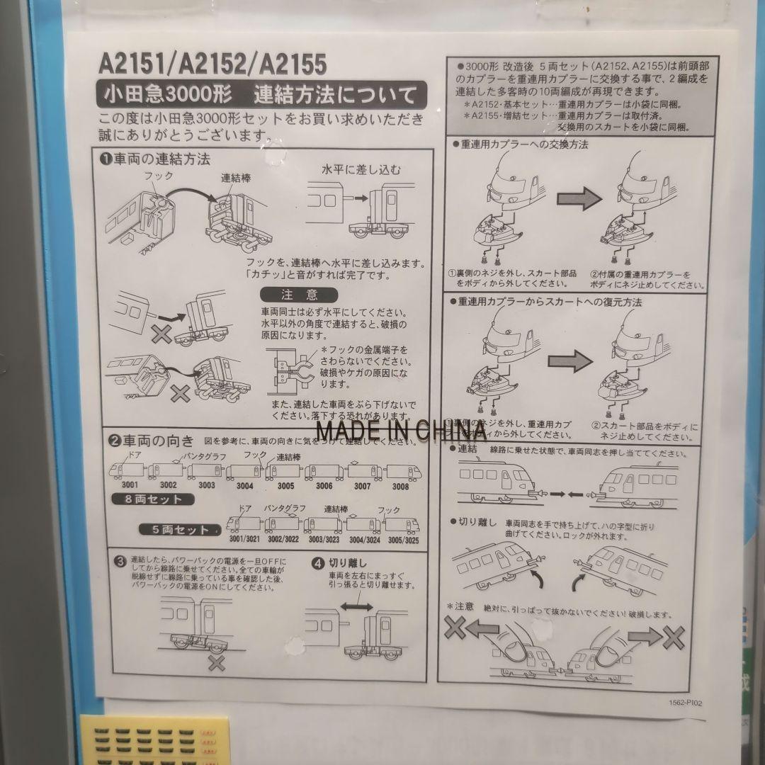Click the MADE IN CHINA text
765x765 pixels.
click(x=401, y=429)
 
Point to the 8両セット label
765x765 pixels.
click(x=153, y=499)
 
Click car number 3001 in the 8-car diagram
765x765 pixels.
click(x=129, y=485)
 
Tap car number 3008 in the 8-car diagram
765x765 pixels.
click(x=400, y=486)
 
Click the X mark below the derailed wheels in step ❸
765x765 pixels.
click(x=216, y=664)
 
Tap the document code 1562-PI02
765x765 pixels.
click(x=685, y=703)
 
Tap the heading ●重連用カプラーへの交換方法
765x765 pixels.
click(x=519, y=144)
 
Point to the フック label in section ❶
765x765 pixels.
click(x=158, y=174)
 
